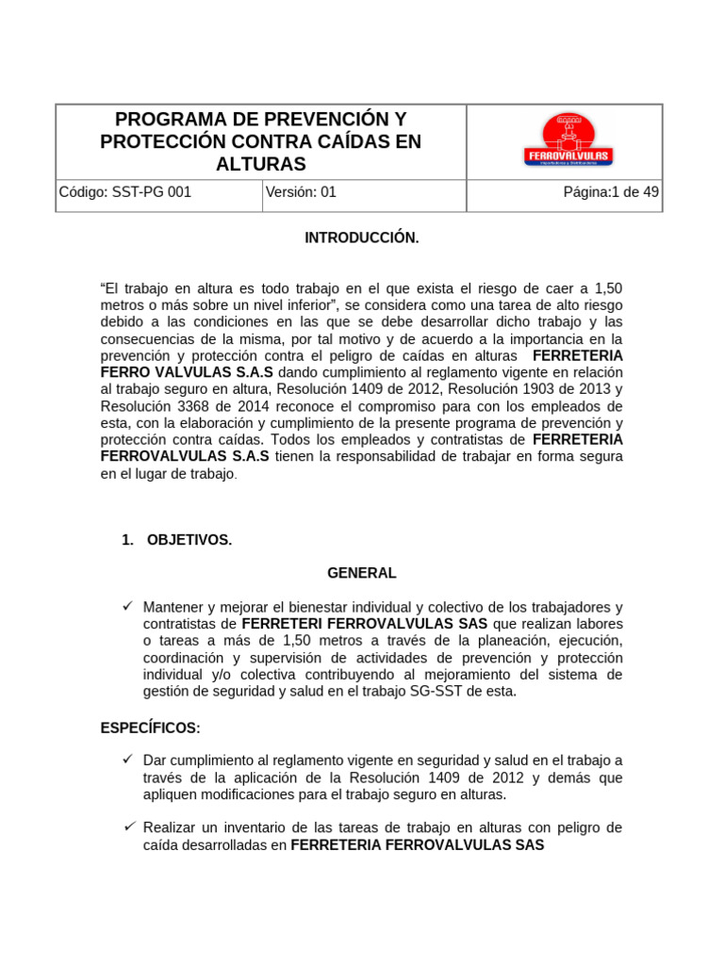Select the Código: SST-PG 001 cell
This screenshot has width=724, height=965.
[124, 192]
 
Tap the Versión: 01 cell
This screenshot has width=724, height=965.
[301, 192]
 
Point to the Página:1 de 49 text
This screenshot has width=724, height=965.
[611, 192]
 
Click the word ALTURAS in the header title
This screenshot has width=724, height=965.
[261, 164]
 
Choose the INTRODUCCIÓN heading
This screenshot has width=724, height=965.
[361, 238]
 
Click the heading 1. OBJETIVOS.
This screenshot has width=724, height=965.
[176, 540]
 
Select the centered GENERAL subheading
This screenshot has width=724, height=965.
[361, 573]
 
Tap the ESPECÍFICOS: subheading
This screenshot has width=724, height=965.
[150, 728]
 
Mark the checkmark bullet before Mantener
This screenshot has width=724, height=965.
[128, 606]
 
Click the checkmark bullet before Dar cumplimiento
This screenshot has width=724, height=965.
[128, 760]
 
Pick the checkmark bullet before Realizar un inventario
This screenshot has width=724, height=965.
[128, 826]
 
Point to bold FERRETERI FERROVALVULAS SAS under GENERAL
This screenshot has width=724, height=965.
[365, 624]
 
